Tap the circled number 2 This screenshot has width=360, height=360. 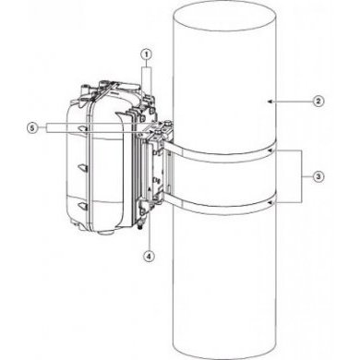click(x=318, y=99)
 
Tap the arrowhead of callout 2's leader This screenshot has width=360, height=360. click(x=267, y=98)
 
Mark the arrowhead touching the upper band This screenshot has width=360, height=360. click(x=270, y=149)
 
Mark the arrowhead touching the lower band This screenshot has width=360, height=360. click(x=270, y=199)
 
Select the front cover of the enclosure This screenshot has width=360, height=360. click(x=92, y=157)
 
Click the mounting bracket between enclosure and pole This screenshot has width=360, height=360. click(x=158, y=175)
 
